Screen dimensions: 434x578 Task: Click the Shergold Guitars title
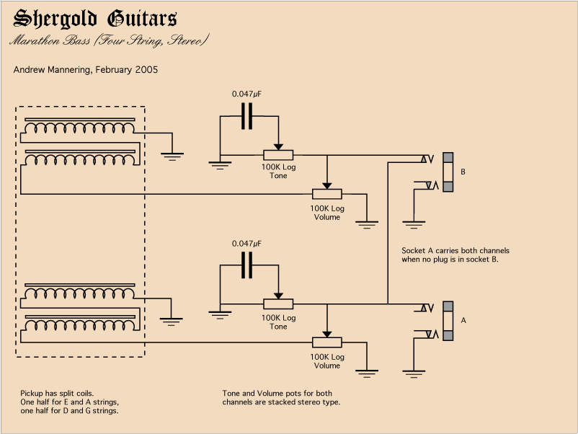(95, 19)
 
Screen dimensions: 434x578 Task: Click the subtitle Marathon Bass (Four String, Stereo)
(109, 40)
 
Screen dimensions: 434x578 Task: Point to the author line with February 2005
(86, 70)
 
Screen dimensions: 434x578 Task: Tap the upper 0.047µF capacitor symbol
(247, 116)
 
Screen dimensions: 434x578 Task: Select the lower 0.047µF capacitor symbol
(247, 265)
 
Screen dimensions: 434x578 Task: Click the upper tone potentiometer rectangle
(278, 155)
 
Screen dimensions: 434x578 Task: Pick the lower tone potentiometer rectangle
(278, 304)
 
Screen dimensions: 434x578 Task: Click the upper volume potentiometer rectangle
(326, 194)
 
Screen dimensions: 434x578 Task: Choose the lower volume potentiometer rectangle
(326, 343)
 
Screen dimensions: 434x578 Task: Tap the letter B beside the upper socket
(463, 172)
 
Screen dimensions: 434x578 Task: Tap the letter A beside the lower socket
(463, 319)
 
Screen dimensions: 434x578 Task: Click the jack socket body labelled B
(448, 172)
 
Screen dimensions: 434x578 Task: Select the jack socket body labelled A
(448, 321)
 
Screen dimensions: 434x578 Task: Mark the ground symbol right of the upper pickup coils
(172, 155)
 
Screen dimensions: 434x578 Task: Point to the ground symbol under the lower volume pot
(368, 373)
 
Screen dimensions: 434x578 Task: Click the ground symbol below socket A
(413, 373)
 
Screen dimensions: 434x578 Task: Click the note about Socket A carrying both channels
(455, 255)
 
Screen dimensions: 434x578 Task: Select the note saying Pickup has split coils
(69, 402)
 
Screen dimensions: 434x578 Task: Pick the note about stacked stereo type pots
(281, 397)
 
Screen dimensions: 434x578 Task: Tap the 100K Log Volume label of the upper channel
(326, 213)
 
